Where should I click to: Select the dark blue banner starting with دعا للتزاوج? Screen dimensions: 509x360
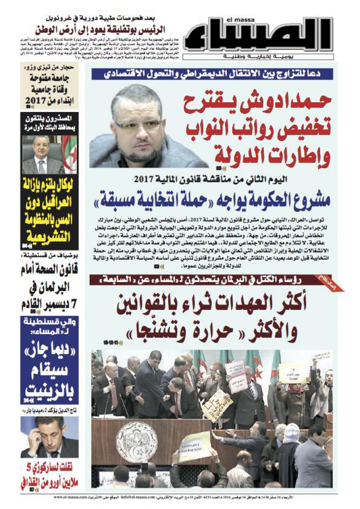212,74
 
